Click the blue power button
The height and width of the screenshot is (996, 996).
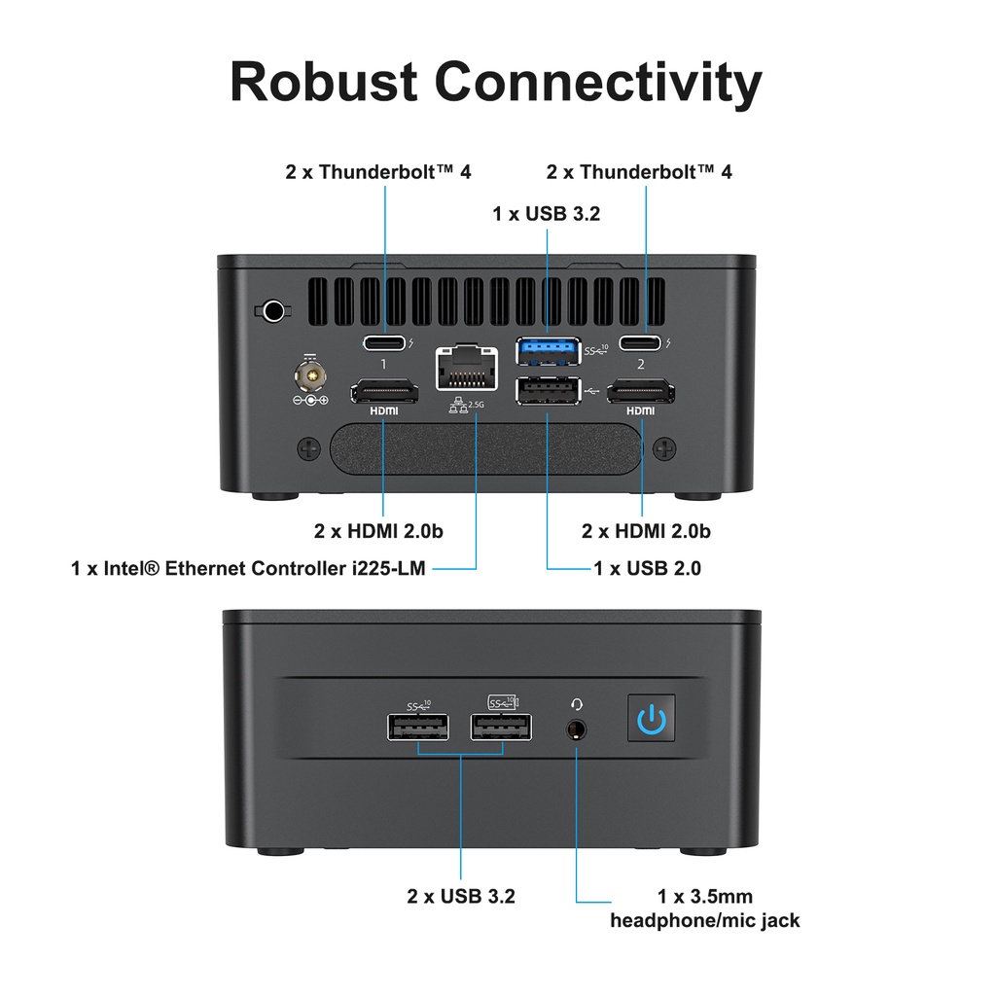click(652, 721)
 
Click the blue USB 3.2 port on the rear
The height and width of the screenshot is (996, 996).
click(548, 348)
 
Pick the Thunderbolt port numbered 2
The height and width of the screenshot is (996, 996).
click(641, 342)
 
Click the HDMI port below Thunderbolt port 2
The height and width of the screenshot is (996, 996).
click(641, 392)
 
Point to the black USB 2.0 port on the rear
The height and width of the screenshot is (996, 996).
click(548, 390)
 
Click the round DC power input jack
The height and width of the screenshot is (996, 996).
click(311, 374)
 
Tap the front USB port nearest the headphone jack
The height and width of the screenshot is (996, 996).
click(501, 727)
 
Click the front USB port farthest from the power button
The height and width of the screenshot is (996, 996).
click(418, 727)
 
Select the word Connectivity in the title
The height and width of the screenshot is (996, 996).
click(597, 82)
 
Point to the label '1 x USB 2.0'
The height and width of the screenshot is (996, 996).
click(647, 568)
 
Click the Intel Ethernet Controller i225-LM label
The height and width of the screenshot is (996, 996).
click(248, 568)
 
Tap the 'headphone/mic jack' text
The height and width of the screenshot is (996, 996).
click(704, 919)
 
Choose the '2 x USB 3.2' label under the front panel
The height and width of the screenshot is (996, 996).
click(460, 896)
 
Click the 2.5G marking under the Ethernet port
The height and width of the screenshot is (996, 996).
click(476, 405)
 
